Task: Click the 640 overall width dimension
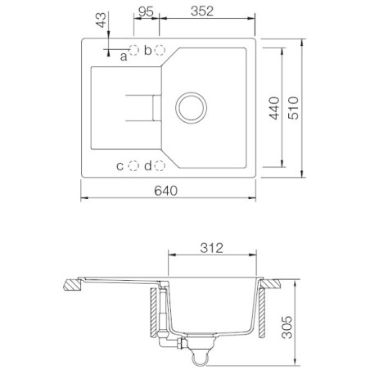pyautogui.click(x=167, y=191)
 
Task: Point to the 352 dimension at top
pyautogui.click(x=205, y=12)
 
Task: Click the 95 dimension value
pyautogui.click(x=146, y=12)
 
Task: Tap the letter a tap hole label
pyautogui.click(x=124, y=56)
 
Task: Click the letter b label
pyautogui.click(x=148, y=50)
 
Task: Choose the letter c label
pyautogui.click(x=120, y=166)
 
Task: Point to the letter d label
pyautogui.click(x=148, y=166)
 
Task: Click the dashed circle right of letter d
pyautogui.click(x=160, y=166)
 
